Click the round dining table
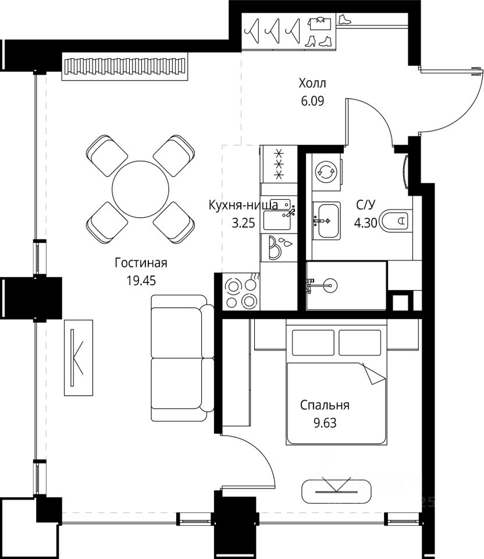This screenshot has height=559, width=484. click(x=140, y=189)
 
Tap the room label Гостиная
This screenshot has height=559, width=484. click(x=141, y=263)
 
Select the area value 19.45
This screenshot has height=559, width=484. click(x=141, y=281)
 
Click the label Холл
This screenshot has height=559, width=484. click(x=312, y=83)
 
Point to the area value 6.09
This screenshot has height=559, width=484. click(x=312, y=101)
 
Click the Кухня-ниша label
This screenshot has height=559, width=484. click(x=243, y=206)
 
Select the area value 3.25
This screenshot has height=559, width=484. click(x=243, y=223)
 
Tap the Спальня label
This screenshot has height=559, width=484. click(x=325, y=405)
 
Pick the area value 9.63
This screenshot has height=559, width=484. click(x=325, y=423)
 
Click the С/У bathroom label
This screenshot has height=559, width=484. click(x=365, y=205)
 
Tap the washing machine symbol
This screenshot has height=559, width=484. click(x=326, y=172)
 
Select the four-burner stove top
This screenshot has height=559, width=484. click(x=241, y=292)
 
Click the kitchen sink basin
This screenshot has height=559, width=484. click(x=277, y=220)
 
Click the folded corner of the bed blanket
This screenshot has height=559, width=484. click(x=373, y=374)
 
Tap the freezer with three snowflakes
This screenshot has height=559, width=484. click(x=279, y=164)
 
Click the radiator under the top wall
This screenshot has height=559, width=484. click(x=124, y=66)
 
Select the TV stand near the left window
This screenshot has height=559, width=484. click(x=79, y=358)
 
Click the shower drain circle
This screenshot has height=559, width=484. click(x=330, y=285)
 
